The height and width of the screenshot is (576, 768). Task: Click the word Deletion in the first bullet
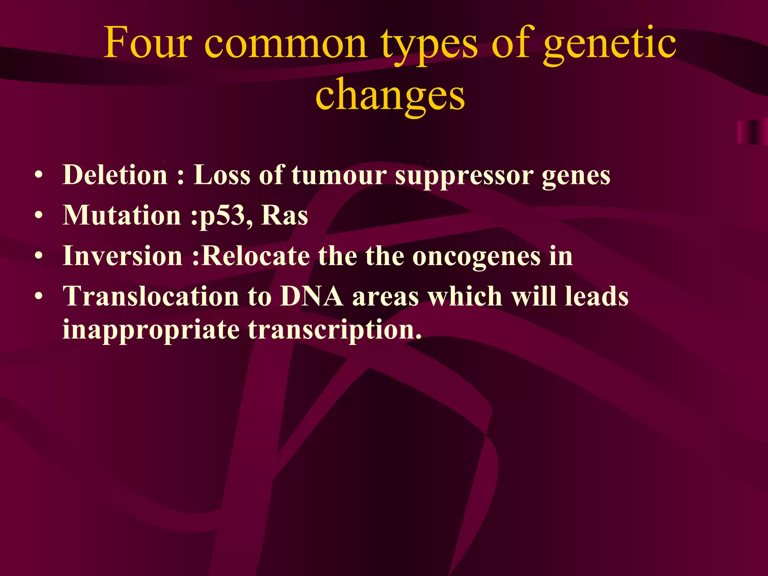(x=115, y=175)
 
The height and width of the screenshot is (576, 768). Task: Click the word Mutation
(x=122, y=216)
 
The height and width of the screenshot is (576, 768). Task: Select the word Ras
(x=284, y=216)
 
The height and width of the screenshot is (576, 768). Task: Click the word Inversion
(x=123, y=256)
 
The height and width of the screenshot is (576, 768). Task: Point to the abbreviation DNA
(x=311, y=296)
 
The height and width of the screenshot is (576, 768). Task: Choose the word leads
(x=597, y=296)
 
